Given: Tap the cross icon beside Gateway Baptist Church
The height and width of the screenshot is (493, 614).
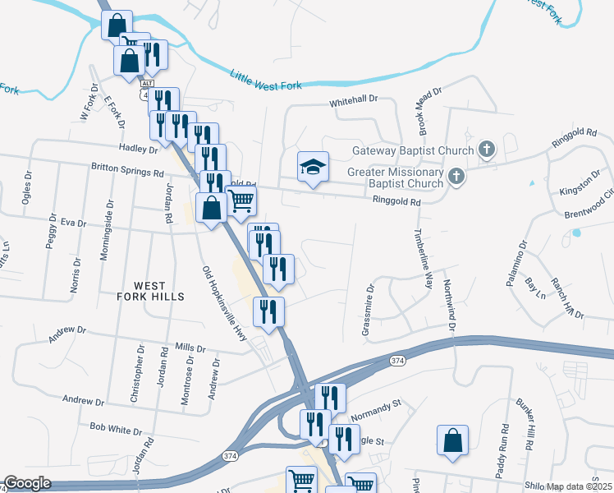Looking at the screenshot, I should pos(487,150).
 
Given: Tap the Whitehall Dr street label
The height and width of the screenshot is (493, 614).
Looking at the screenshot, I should pos(354,99).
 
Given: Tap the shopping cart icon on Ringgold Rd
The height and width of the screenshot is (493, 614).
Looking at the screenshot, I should pos(241,200).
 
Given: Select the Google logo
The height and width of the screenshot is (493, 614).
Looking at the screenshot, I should pos(26,484).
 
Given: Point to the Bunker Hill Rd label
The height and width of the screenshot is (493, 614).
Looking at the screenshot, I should pos(525,423).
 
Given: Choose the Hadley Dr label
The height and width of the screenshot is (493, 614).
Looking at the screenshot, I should pos(138,149).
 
